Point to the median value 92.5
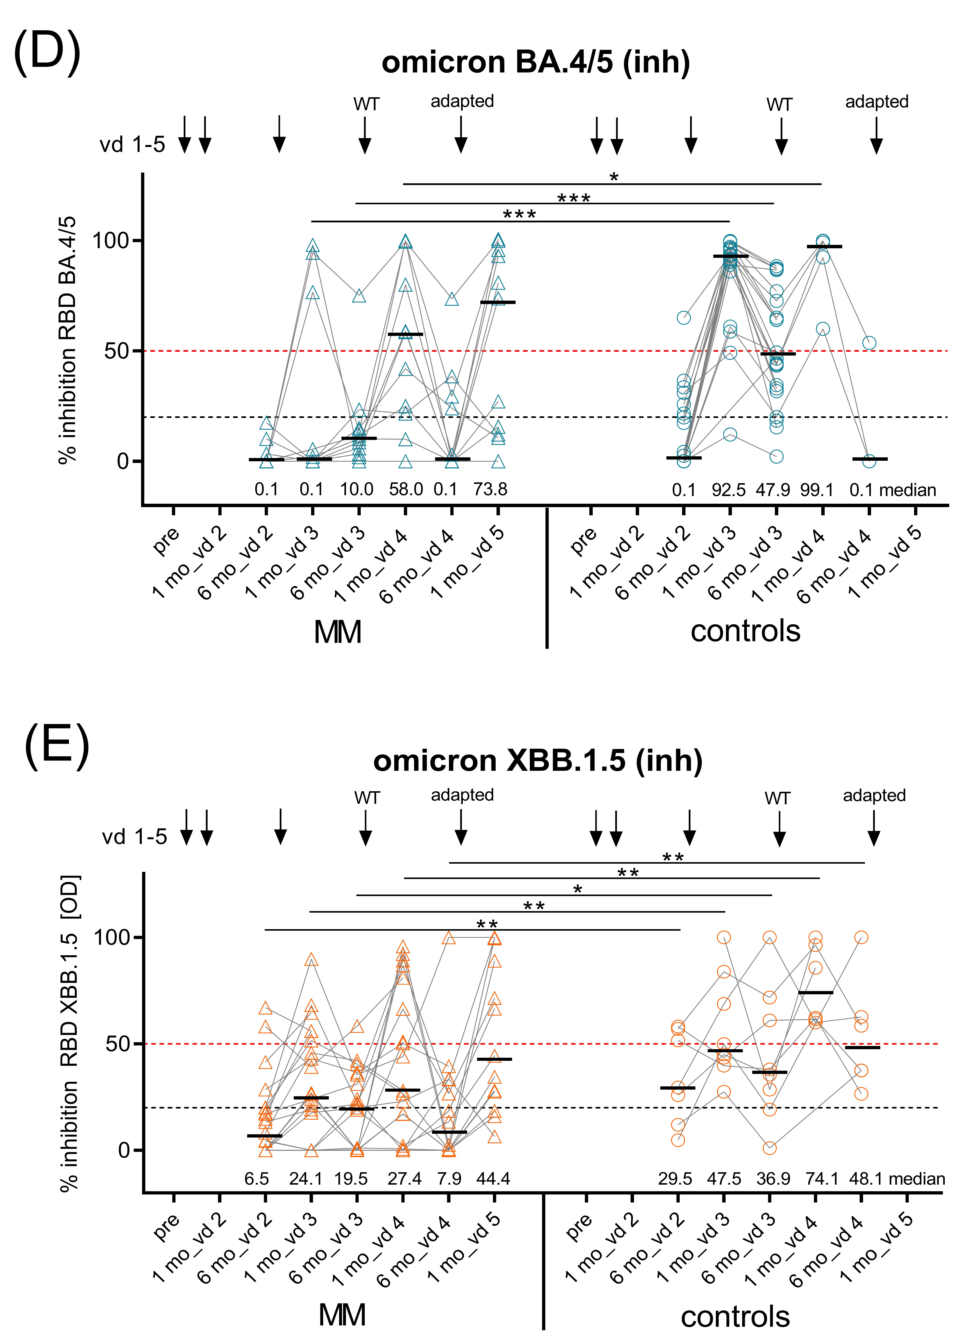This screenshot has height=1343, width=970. (728, 490)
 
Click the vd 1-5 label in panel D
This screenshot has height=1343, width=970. (132, 144)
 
